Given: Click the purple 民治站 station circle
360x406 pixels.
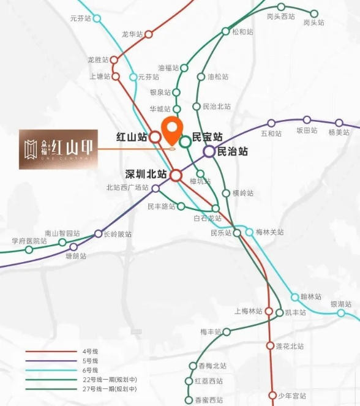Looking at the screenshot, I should point(209,151).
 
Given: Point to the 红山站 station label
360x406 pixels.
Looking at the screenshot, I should point(132,137).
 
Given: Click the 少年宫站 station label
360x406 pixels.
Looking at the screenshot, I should point(290,396).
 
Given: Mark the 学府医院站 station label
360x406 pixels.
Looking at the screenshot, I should point(28,241).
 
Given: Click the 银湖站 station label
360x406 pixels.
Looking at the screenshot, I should point(340,304).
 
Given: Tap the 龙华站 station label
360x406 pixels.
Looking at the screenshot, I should point(132,34).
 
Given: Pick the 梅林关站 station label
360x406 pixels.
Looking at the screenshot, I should point(269,232).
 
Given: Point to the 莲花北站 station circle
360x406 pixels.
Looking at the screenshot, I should point(270,346).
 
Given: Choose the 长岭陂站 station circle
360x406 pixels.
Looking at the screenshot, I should point(99,233).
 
